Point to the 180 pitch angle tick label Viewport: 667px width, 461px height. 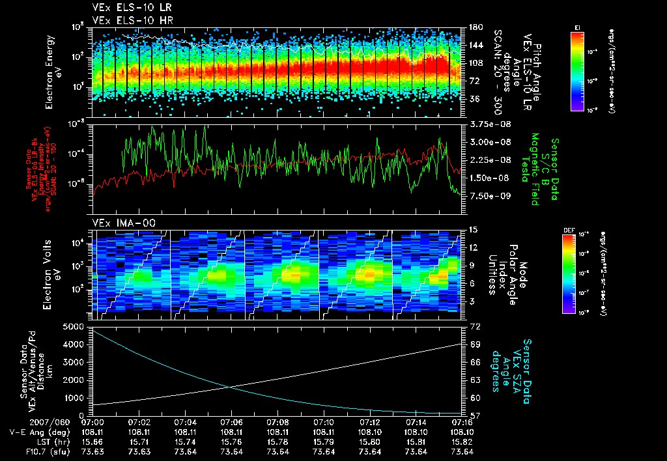(x=475, y=27)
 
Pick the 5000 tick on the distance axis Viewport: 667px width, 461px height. (x=76, y=326)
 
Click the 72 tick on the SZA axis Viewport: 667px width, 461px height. (x=474, y=326)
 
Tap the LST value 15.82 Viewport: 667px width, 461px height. (x=462, y=441)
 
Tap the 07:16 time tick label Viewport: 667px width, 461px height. (x=462, y=422)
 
